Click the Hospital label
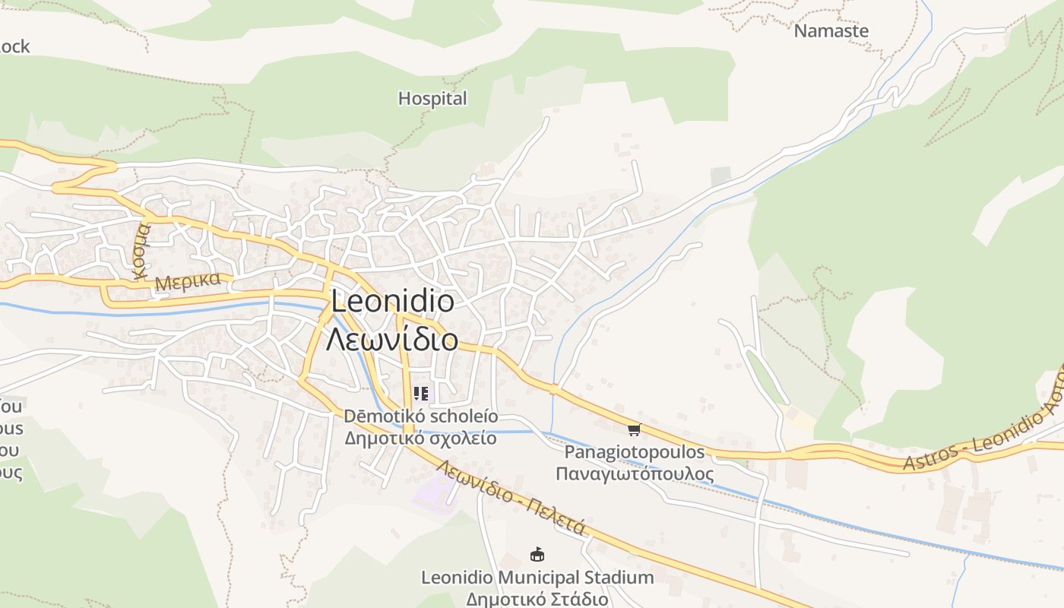432,99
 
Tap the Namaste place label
831,31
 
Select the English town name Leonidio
393,302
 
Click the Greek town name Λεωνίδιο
392,339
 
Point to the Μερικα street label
187,281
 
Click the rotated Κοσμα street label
142,252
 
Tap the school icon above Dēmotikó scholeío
421,394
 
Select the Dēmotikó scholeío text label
421,416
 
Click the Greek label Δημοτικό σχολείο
421,439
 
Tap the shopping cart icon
635,430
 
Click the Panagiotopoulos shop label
635,452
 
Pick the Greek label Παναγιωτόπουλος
635,474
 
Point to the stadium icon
537,554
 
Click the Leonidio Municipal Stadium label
537,578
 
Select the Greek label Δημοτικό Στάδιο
537,599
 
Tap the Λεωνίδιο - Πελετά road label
511,498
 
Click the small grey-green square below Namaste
720,176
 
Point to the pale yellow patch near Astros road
798,418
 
